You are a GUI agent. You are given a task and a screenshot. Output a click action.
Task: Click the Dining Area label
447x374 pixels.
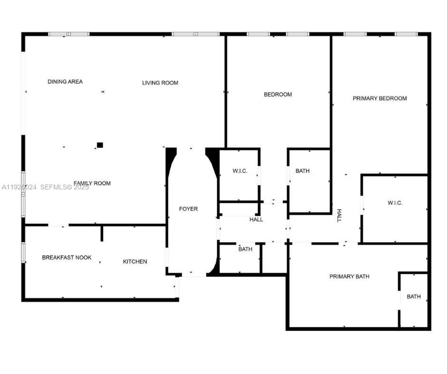65,82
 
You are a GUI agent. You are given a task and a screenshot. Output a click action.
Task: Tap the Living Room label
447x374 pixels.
160,83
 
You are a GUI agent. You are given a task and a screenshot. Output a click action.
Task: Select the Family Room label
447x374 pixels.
92,183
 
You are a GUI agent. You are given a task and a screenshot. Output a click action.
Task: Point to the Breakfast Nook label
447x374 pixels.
67,257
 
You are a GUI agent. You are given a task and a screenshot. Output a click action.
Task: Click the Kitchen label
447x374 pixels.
135,262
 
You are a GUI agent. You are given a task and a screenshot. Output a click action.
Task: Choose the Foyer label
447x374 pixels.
188,209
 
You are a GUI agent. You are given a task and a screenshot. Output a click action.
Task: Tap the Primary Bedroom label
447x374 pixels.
379,98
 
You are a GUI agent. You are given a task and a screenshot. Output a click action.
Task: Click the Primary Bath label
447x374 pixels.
350,276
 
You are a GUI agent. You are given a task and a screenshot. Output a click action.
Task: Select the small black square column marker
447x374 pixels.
100,145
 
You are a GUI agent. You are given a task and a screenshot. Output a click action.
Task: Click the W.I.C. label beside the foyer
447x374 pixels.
240,171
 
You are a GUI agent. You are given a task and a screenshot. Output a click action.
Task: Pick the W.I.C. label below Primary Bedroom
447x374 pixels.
395,203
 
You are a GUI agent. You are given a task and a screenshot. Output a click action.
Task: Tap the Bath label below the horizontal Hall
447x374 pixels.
245,249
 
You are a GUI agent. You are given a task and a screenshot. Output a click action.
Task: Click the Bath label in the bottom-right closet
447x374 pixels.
414,297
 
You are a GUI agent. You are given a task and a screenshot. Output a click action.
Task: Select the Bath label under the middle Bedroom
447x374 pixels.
302,171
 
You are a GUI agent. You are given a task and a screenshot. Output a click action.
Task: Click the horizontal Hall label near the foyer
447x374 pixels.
256,219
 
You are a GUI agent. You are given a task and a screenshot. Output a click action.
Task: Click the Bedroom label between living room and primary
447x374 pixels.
278,94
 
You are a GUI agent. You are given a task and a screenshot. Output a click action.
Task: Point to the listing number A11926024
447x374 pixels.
19,187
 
